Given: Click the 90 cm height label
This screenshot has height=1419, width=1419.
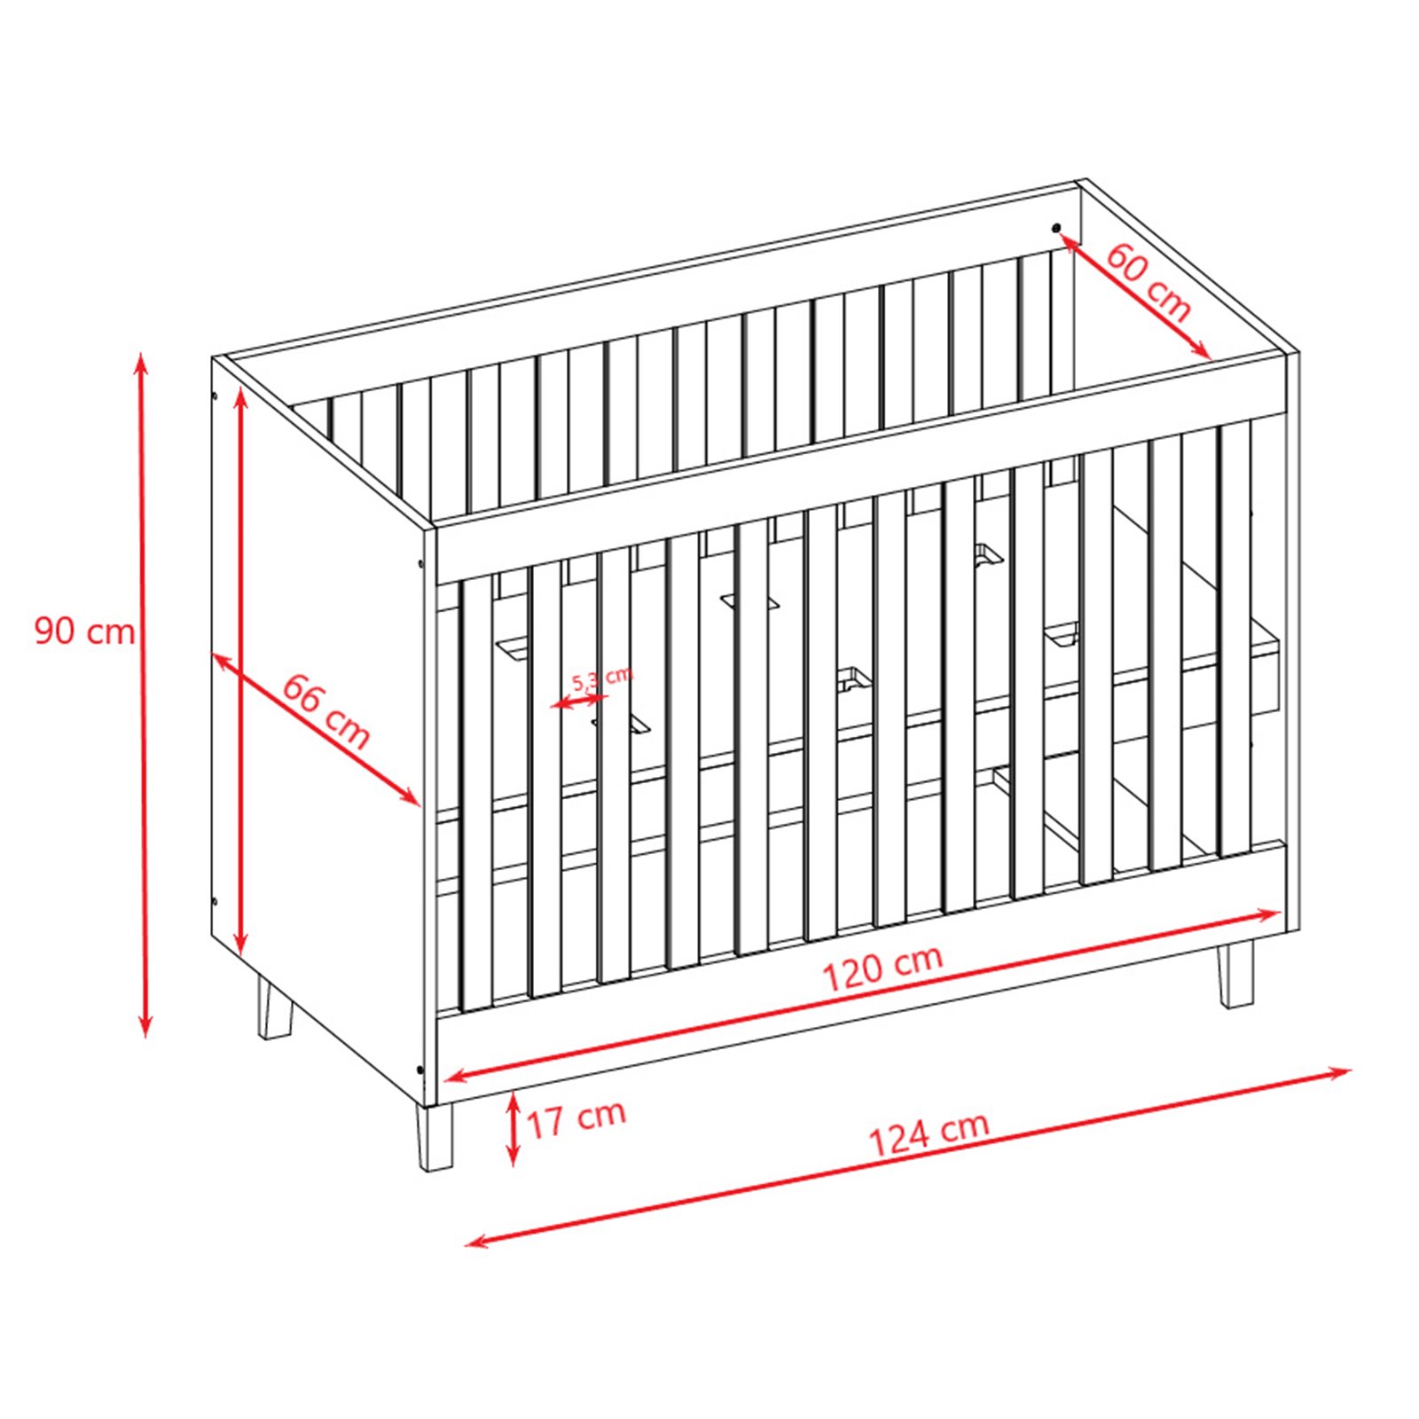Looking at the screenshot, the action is point(84,631).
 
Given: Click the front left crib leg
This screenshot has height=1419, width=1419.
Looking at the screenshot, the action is point(435,1137).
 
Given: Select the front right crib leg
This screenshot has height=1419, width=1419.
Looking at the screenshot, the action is point(1235,974).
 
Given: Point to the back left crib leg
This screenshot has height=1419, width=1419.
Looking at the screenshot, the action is point(274,1007).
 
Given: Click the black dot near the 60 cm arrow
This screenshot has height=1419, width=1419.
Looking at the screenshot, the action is point(1056,228).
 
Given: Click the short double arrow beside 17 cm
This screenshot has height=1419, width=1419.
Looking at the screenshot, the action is point(512,1129).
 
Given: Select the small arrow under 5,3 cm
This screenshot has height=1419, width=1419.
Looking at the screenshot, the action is point(579,701).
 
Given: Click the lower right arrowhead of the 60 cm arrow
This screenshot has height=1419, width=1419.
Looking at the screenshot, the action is point(1202,349).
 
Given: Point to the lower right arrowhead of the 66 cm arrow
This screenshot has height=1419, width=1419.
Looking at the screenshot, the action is point(410,796).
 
